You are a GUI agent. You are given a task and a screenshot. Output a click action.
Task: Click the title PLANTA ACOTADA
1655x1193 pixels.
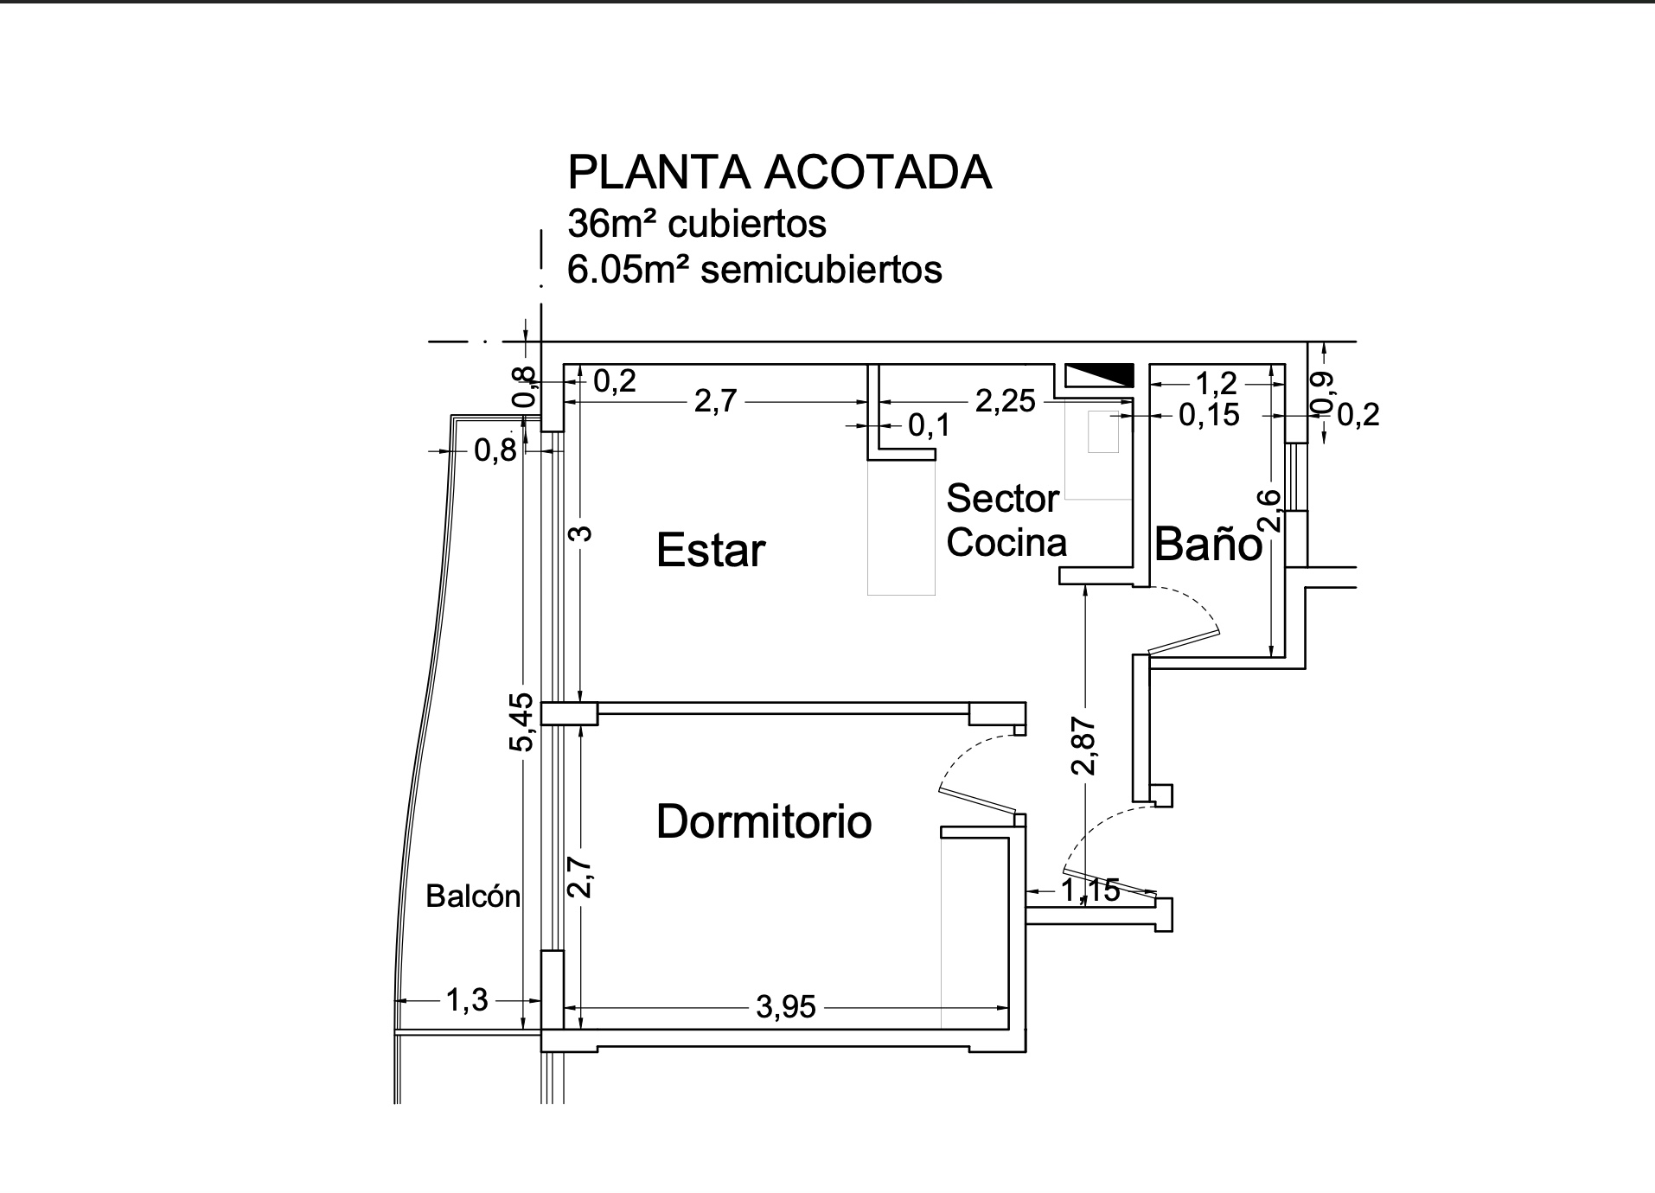(779, 173)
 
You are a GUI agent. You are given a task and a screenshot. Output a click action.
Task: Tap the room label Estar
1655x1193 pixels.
(711, 551)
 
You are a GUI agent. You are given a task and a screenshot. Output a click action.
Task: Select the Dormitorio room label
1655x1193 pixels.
(764, 821)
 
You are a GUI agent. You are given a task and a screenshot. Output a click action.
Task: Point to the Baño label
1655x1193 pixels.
(1208, 545)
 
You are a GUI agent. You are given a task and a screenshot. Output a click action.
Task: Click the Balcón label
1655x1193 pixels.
(473, 896)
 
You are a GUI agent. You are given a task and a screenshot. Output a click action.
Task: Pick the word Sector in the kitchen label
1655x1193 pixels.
(1002, 499)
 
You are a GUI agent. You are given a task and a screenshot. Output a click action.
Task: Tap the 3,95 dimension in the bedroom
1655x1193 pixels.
(785, 1007)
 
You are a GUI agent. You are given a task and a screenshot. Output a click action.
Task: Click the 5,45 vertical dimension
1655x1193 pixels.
(523, 722)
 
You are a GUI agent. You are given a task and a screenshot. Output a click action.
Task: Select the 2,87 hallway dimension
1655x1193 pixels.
(1084, 745)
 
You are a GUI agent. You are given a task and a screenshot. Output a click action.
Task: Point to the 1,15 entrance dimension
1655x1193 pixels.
(1089, 890)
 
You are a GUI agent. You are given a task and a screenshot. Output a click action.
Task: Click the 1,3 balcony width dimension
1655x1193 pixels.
(467, 1000)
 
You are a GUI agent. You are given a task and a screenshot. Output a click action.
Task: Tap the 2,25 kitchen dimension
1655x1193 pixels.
(1005, 401)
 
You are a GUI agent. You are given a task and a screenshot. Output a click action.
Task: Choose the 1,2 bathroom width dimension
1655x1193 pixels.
(1216, 381)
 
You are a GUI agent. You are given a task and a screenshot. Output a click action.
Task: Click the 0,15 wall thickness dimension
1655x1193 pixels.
(1209, 416)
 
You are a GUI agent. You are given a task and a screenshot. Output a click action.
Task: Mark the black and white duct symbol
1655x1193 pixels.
(1098, 375)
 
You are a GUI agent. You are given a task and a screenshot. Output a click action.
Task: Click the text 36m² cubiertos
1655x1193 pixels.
(696, 224)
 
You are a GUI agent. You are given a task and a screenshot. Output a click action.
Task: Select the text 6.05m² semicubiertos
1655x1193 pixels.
(754, 270)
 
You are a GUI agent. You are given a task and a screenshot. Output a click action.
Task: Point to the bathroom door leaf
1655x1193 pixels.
(1183, 641)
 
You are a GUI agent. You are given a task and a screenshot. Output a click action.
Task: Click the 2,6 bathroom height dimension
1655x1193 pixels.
(1269, 510)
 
